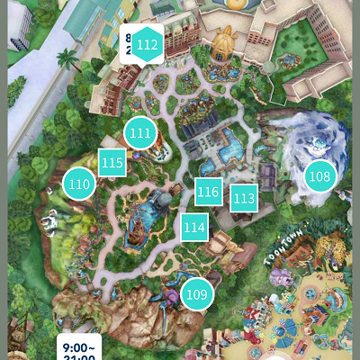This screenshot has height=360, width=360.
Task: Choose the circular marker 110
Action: [79, 184]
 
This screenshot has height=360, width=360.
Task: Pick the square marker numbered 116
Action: [208, 191]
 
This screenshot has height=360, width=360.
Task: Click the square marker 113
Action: [244, 197]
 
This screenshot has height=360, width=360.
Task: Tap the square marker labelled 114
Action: [193, 227]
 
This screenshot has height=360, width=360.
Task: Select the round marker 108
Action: [319, 176]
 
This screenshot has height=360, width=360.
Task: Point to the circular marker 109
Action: [196, 293]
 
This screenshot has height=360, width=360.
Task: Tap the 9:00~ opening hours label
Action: [81, 347]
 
